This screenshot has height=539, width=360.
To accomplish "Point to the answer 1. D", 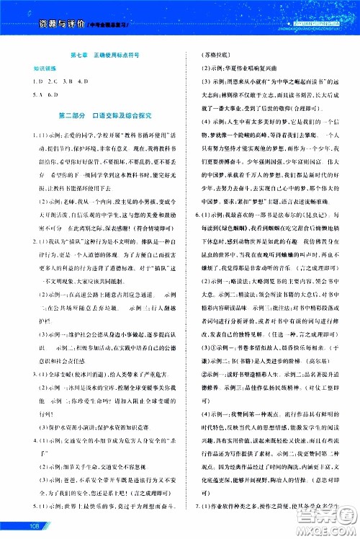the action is click(24, 83).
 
